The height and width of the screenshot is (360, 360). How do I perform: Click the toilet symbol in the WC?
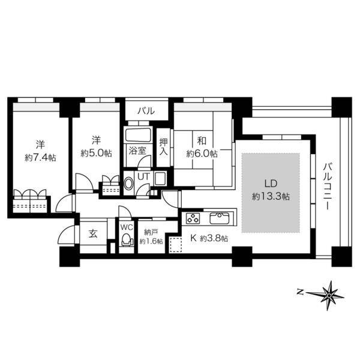point(127,239)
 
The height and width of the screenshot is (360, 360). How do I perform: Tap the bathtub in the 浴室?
point(138,136)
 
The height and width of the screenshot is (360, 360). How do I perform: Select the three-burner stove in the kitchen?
point(193,218)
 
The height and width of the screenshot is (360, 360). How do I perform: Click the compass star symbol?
point(329,295)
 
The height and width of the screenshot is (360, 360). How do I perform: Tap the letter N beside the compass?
point(299,292)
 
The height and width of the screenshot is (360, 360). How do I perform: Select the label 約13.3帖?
point(271,196)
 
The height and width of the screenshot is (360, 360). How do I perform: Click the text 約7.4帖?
point(40,157)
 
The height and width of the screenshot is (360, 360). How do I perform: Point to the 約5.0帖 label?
point(97,153)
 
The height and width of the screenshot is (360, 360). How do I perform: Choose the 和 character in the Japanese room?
point(202,140)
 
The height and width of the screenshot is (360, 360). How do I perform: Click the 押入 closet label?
point(164,148)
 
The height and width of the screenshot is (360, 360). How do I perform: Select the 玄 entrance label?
point(93,234)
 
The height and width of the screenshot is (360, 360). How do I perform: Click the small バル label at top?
point(146,111)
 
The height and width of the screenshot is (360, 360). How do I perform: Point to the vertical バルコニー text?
point(328,186)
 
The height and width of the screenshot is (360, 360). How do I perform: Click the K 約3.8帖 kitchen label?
point(209,238)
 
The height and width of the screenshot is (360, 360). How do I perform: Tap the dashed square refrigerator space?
point(175,245)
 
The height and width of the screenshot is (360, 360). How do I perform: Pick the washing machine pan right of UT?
point(160,178)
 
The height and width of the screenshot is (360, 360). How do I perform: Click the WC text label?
point(127,227)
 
